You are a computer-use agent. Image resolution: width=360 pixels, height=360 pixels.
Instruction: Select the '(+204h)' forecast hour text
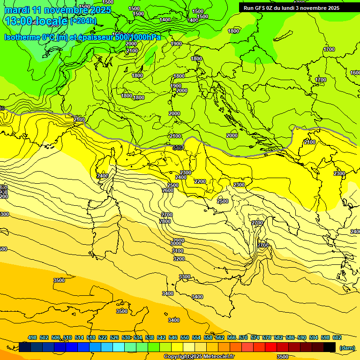(83, 21)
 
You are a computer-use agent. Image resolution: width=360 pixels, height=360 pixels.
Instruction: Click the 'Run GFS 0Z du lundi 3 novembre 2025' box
(292, 7)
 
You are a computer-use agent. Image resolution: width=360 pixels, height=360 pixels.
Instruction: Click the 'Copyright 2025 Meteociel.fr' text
(199, 356)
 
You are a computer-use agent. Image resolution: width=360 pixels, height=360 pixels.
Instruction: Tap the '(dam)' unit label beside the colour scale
(346, 348)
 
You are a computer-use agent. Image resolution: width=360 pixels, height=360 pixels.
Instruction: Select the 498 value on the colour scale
(32, 337)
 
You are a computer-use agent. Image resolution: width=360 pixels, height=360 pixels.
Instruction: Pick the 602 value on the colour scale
(337, 337)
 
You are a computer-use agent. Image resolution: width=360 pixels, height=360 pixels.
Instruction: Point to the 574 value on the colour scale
(255, 337)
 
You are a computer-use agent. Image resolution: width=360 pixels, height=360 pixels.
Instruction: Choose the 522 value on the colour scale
(103, 337)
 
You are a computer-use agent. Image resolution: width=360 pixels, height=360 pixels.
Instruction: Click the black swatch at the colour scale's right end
(330, 347)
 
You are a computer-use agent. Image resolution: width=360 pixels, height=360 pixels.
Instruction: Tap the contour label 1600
(355, 73)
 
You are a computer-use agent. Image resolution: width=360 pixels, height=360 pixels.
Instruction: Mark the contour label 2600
(168, 190)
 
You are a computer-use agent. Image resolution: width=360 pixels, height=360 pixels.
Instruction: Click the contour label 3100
(177, 251)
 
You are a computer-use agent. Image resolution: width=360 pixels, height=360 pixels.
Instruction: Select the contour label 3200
(179, 259)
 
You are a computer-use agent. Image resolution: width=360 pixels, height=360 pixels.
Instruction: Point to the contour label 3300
(185, 277)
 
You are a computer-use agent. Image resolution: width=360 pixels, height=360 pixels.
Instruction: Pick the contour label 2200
(200, 181)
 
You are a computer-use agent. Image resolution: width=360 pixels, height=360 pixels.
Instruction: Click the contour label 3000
(176, 243)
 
